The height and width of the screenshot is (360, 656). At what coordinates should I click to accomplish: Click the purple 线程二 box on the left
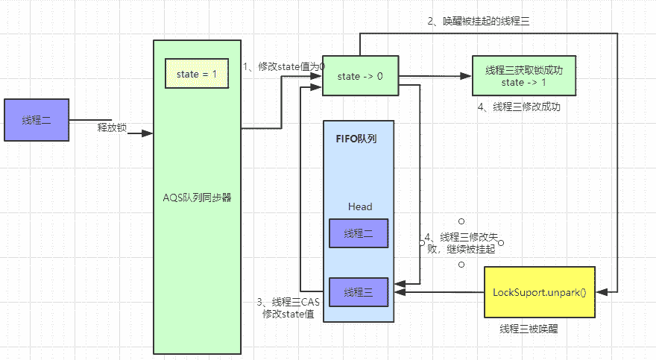pos(37,120)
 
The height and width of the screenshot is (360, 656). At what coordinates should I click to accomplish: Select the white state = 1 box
pos(197,74)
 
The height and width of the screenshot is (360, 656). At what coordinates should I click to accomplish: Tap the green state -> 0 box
pos(359,77)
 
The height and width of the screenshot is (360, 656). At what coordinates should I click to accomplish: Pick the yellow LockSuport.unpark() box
pos(539,292)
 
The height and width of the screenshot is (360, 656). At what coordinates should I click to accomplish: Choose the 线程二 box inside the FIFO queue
pos(359,233)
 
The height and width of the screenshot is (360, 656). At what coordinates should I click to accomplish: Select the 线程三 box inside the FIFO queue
pos(359,291)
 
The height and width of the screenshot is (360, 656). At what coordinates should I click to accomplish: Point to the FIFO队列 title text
pos(357,139)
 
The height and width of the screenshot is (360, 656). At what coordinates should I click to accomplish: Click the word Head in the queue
pos(359,206)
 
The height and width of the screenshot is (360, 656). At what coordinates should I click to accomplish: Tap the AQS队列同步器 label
pos(197,198)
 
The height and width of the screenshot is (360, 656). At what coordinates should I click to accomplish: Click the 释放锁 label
pos(112,127)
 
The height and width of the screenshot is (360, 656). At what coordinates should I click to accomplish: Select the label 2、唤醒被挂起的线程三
pos(479,21)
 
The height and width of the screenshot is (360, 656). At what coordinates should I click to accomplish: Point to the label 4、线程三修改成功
pos(519,107)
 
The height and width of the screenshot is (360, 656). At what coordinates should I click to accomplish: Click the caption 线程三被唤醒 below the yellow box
pos(529,329)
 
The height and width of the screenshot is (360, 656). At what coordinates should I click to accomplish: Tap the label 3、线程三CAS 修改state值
pos(288,308)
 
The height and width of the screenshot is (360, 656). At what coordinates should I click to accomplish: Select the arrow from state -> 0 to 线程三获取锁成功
pos(435,77)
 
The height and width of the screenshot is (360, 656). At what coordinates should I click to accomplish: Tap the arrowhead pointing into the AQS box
pos(147,133)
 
